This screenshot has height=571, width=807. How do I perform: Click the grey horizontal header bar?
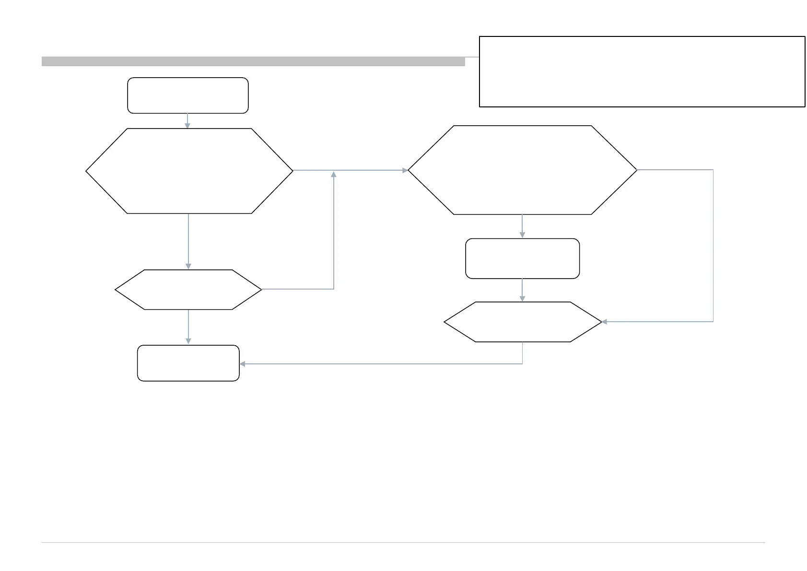click(253, 61)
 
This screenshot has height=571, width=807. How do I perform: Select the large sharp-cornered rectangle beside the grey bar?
click(642, 71)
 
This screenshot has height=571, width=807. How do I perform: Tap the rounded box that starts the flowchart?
click(187, 95)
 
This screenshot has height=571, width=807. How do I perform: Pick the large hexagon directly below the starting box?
click(189, 171)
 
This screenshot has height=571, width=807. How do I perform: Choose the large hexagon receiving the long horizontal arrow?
click(522, 170)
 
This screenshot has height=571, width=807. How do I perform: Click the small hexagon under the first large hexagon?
click(188, 290)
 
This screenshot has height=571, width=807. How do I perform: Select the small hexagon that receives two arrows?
click(523, 322)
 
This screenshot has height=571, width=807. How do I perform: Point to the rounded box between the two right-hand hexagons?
click(522, 258)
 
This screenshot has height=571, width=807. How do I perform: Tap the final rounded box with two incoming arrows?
click(188, 363)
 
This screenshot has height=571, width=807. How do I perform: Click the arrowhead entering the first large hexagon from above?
click(187, 126)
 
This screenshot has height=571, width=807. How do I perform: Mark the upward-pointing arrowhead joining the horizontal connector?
click(334, 174)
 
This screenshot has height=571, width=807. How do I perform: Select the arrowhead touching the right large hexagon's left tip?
click(405, 170)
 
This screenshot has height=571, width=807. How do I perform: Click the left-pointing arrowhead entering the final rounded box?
click(243, 364)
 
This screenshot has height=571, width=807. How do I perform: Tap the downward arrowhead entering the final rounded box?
click(188, 341)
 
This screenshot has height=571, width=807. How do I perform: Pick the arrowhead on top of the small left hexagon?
click(188, 267)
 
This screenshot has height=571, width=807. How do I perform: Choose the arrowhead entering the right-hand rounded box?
click(522, 235)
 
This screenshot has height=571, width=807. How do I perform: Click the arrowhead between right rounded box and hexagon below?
click(522, 299)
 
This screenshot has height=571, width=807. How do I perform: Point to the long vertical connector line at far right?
click(713, 245)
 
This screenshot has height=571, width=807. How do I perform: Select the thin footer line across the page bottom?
click(403, 543)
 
